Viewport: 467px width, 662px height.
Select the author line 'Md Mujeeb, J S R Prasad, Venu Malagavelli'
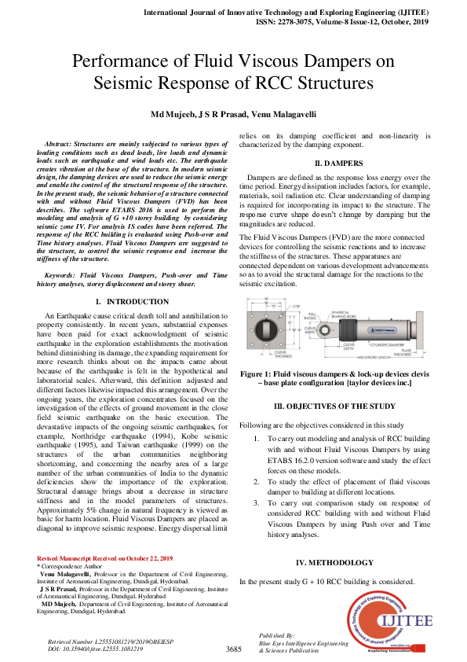pos(233,115)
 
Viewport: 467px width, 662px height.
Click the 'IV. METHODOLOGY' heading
pos(334,562)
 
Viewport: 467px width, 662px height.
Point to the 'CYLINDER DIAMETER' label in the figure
pos(392,343)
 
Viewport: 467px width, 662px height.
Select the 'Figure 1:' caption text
pos(261,373)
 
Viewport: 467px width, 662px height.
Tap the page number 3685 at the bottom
pos(233,649)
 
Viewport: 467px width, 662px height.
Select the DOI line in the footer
pos(96,649)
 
